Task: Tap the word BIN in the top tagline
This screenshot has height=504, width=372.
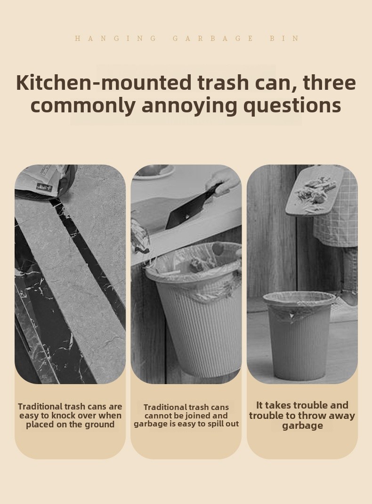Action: (284, 39)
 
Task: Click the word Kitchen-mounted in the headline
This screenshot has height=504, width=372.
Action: (104, 83)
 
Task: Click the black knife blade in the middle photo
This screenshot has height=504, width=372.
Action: (190, 209)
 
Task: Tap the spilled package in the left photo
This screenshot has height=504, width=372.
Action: (45, 181)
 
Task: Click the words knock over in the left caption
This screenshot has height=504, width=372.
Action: (70, 415)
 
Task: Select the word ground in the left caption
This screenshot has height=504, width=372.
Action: (98, 425)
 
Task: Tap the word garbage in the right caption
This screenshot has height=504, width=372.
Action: (302, 426)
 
